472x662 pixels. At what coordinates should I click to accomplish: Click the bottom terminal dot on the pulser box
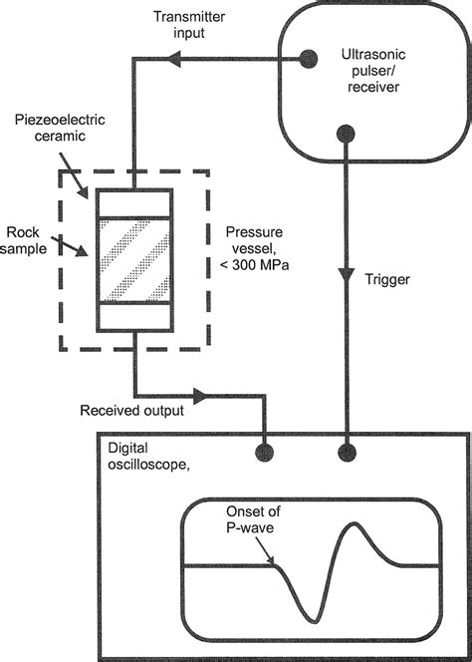[346, 131]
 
